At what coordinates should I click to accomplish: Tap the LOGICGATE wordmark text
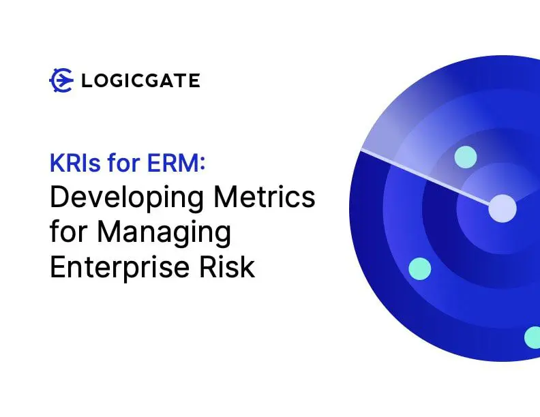140,81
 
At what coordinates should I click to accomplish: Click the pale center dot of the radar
502,208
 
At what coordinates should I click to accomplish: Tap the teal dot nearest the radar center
465,157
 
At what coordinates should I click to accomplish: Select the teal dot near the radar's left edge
420,268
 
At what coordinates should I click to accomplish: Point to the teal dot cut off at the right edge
532,337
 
